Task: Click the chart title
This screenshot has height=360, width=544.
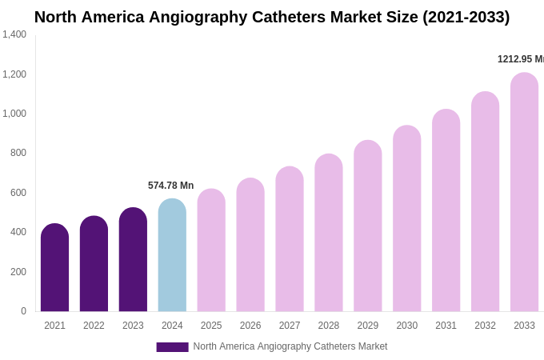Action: point(272,17)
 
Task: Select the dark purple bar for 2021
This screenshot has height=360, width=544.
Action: point(54,268)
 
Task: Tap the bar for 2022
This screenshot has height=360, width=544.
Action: point(94,264)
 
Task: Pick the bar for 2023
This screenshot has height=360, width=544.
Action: point(133,260)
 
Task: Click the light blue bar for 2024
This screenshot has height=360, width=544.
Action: point(172,256)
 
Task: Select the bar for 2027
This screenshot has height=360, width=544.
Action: point(290,240)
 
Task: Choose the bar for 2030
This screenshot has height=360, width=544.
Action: point(406,219)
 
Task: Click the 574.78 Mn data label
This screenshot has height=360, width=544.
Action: point(170,186)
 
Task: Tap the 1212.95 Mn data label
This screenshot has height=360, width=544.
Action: point(520,59)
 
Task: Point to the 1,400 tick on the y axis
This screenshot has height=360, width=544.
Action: point(14,34)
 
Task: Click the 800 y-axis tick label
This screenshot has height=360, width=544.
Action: point(18,153)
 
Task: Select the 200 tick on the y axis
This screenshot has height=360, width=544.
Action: point(18,272)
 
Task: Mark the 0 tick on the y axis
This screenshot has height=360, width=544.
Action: point(23,311)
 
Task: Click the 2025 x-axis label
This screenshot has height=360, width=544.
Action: point(211,326)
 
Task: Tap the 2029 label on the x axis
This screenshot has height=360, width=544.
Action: point(368,326)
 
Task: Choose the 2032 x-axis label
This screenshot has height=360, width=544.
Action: point(485,326)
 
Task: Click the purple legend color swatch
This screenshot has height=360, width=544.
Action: point(172,347)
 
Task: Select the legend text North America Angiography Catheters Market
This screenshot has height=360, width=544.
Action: point(290,346)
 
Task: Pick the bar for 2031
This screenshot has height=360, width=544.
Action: point(446,211)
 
